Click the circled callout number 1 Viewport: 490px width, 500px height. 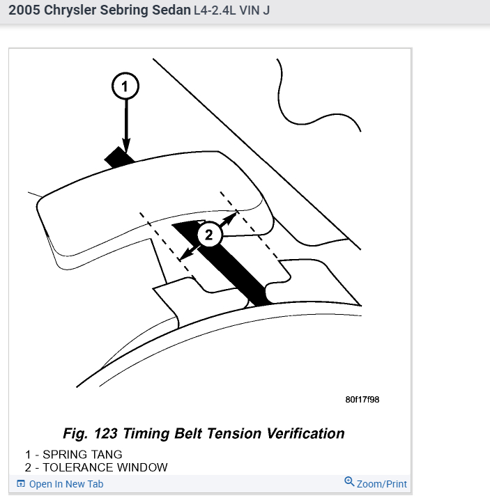125,87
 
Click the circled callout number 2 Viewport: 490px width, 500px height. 208,235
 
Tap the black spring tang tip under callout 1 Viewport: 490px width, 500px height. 118,157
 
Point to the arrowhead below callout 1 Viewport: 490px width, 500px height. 125,144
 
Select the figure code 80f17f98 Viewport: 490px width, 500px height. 362,400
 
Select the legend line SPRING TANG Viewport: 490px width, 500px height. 74,455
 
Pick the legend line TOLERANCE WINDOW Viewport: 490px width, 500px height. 96,467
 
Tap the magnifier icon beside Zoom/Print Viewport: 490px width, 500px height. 349,482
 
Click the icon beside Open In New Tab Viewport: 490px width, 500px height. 21,484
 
